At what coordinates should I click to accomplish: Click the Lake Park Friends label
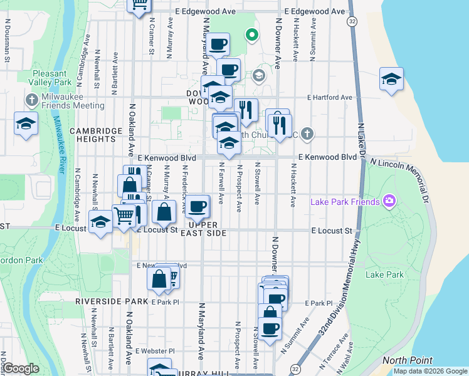(345, 201)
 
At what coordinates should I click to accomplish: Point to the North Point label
(408, 360)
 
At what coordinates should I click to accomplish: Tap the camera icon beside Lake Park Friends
(389, 201)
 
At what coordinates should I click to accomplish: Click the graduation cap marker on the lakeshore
(391, 79)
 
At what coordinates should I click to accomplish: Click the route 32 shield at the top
(353, 21)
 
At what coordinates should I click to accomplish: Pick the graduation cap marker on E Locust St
(100, 222)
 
